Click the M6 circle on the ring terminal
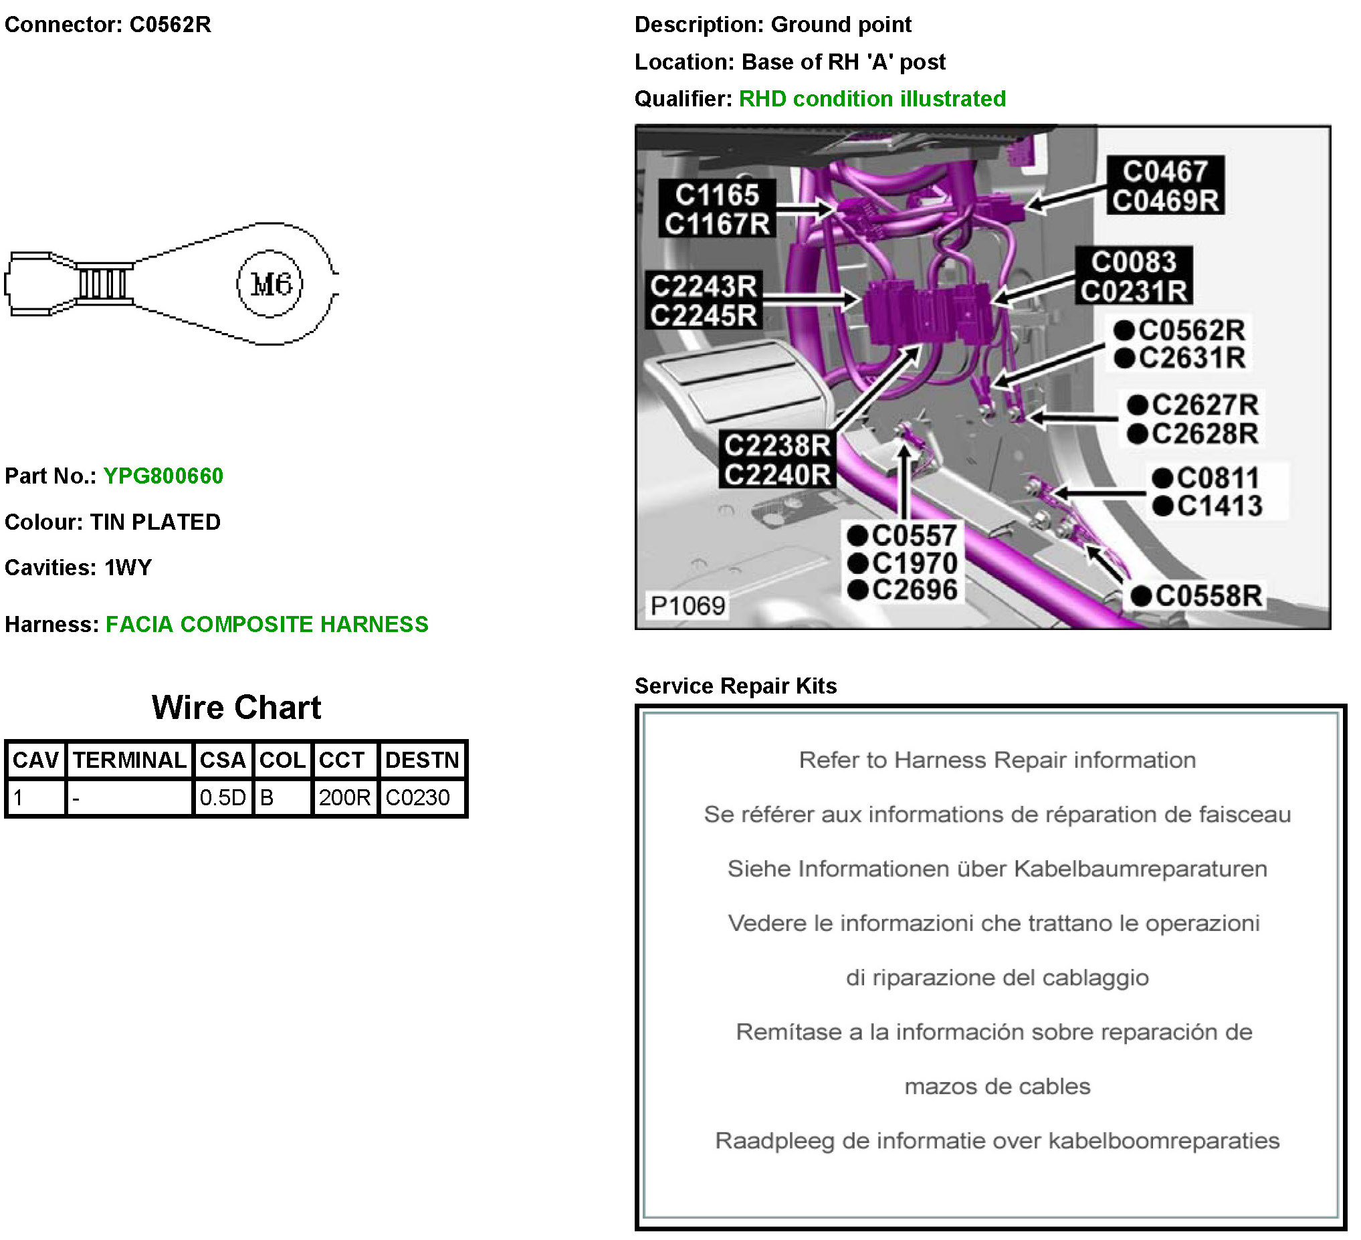click(270, 284)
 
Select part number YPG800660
click(163, 476)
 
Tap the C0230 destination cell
click(418, 797)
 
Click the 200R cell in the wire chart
click(344, 797)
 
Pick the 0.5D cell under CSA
click(223, 797)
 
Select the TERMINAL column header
click(130, 760)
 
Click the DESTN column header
click(423, 760)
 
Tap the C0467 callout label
click(1165, 171)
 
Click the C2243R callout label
click(704, 286)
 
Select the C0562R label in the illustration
click(1179, 330)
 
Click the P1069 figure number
click(688, 605)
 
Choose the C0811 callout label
click(1206, 478)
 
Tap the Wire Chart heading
click(236, 708)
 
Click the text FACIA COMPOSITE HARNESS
click(268, 625)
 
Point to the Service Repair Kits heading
click(736, 686)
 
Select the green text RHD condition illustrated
click(872, 98)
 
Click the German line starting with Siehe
click(997, 869)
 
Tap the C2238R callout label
click(778, 445)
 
